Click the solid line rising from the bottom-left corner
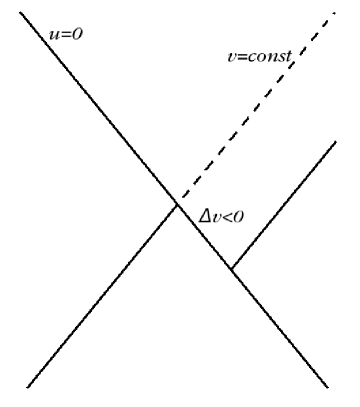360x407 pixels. (x=100, y=295)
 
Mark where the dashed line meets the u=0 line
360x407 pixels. (x=176, y=204)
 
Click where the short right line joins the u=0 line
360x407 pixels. (x=231, y=268)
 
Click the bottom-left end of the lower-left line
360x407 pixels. (x=27, y=386)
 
